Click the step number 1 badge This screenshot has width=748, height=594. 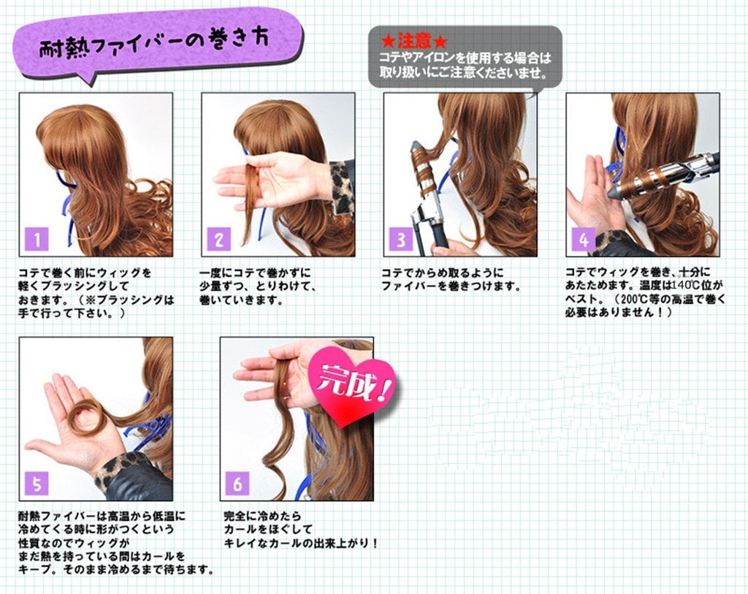37,239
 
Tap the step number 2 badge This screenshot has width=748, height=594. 219,239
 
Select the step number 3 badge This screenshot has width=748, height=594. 401,239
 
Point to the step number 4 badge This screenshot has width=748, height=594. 584,239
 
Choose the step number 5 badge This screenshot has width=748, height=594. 37,484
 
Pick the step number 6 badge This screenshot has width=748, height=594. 237,484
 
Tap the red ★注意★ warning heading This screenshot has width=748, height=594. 413,41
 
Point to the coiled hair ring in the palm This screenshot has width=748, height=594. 85,414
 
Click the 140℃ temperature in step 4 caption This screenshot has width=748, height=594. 689,286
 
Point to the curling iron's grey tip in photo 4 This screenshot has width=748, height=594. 614,191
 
